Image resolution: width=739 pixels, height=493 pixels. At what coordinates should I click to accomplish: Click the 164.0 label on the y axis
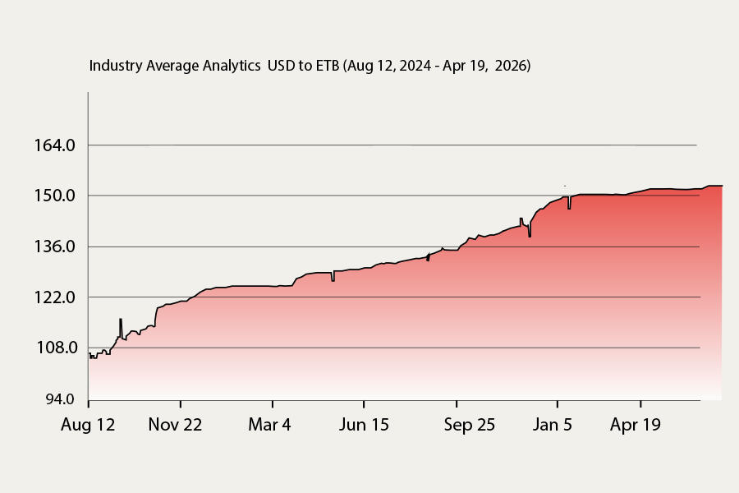55,145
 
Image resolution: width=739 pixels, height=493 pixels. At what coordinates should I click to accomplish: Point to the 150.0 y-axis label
55,196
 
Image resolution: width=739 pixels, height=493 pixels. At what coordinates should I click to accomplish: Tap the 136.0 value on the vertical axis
55,246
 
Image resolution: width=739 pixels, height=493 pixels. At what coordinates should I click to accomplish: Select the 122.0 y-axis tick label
55,297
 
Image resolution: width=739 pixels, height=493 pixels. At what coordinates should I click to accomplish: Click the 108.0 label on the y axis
57,348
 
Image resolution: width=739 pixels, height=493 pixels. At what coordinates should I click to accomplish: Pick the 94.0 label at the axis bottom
60,399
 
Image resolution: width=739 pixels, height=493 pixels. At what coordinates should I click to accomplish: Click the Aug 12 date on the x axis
88,425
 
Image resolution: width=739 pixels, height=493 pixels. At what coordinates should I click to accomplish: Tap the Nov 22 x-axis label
175,425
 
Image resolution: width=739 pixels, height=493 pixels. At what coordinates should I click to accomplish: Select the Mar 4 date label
269,425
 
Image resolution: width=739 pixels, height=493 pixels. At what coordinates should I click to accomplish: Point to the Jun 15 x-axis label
364,425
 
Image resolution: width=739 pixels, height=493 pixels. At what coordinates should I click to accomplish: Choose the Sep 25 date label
470,425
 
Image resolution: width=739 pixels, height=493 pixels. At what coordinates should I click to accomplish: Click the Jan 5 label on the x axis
553,425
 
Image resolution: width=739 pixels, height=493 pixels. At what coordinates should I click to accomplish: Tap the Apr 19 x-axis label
636,425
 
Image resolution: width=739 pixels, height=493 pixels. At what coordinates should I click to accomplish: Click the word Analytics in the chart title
232,66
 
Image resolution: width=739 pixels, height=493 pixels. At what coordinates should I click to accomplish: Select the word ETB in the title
328,66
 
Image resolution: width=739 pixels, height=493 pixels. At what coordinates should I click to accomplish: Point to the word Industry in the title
116,66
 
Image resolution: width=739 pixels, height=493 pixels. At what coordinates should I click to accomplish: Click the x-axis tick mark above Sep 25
457,403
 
